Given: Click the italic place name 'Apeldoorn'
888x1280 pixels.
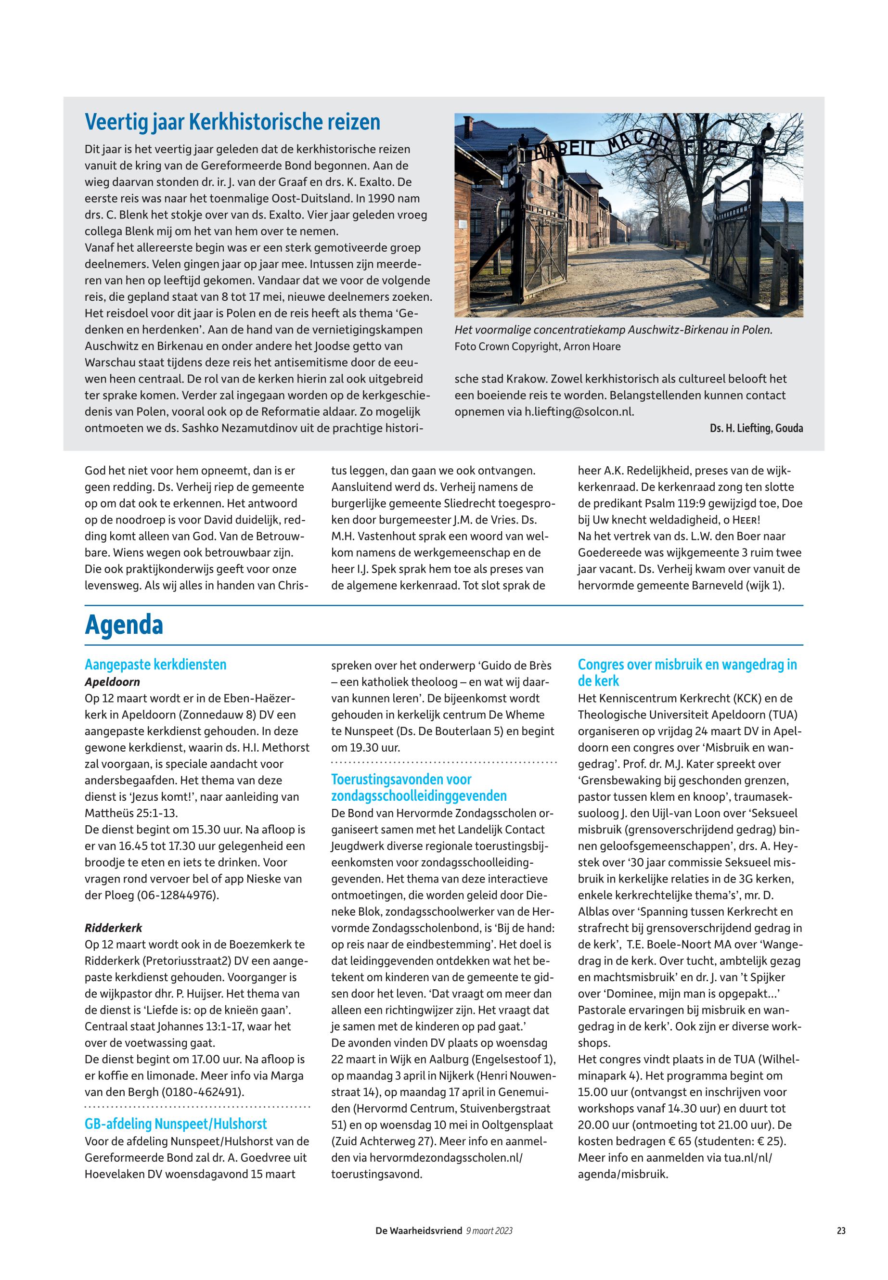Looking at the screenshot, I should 112,682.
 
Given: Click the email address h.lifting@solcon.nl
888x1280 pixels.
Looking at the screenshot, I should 579,412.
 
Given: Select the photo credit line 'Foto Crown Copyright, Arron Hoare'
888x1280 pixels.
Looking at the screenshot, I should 537,346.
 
